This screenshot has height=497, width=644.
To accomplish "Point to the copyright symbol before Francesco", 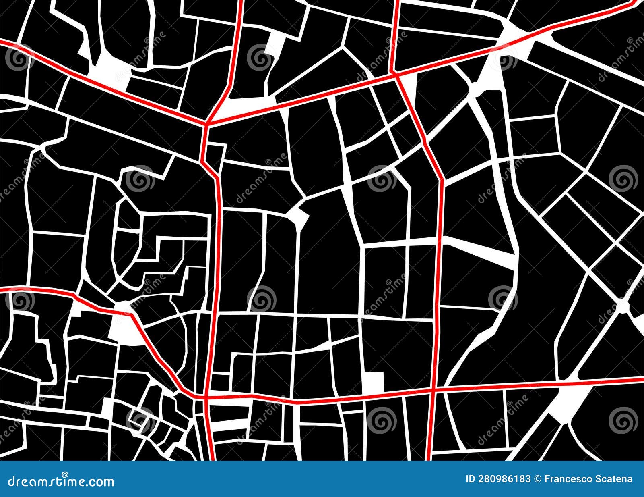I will click(537, 479).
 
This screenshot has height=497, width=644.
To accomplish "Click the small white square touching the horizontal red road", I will click(373, 382).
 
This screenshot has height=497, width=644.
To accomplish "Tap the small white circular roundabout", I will click(622, 306).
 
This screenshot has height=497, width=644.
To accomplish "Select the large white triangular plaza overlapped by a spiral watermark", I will click(493, 77).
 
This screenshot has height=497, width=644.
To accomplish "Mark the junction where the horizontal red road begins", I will click(205, 397).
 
